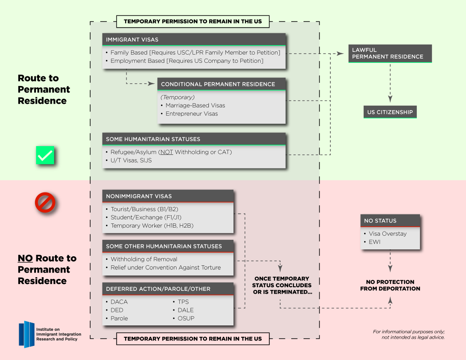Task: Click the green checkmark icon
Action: point(45,155)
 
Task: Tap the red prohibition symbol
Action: point(45,202)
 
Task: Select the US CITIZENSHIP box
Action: point(390,112)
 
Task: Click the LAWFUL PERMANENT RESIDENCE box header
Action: point(390,53)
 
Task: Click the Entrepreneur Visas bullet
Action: point(191,114)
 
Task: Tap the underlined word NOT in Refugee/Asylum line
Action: point(167,152)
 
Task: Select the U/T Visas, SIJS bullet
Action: point(137,160)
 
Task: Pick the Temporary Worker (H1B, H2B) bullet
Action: point(152,226)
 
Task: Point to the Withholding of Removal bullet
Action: point(144,259)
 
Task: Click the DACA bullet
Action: point(119,302)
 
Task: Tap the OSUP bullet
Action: point(186,318)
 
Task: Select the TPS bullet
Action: point(183,302)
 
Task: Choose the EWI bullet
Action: point(375,242)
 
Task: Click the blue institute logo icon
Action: point(27,335)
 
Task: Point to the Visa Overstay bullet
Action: point(387,233)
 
